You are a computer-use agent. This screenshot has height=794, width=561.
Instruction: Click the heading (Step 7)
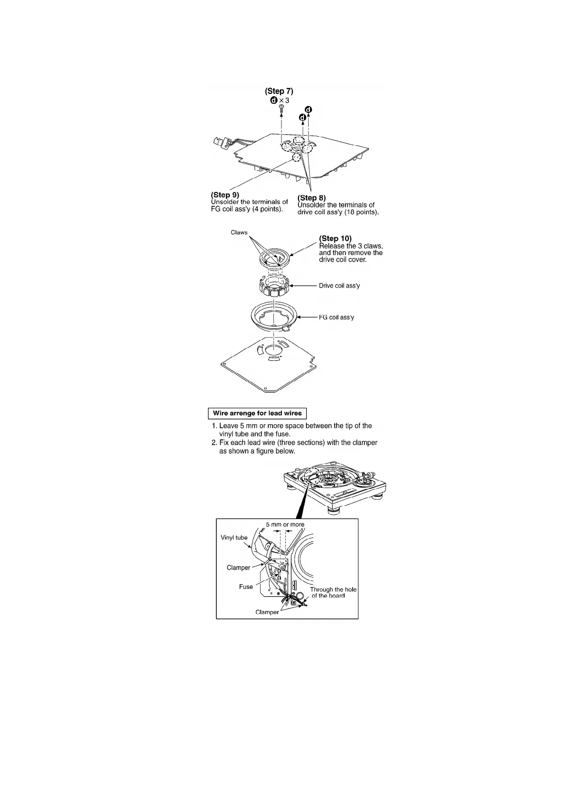click(279, 91)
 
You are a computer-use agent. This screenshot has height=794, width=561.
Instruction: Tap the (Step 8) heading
click(312, 198)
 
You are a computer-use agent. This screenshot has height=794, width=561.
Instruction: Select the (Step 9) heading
click(225, 195)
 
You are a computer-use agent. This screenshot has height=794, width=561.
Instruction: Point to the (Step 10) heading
click(335, 239)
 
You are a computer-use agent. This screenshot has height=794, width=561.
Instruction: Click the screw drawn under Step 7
click(281, 109)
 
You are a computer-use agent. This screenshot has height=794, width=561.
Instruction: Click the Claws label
click(239, 232)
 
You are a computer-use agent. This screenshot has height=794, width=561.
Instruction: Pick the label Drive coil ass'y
click(339, 286)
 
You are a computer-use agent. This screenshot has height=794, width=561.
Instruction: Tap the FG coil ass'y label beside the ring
click(337, 317)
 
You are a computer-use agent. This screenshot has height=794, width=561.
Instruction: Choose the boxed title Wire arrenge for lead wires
click(257, 414)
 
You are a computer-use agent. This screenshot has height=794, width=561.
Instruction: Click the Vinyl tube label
click(234, 538)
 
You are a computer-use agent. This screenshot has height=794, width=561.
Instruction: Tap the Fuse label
click(246, 587)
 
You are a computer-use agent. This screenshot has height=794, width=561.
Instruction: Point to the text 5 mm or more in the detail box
click(285, 524)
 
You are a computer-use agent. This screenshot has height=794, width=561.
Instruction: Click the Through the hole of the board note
click(333, 593)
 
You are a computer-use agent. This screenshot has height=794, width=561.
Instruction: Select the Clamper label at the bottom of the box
click(267, 612)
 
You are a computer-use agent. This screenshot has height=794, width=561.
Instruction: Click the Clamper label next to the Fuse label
click(238, 568)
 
